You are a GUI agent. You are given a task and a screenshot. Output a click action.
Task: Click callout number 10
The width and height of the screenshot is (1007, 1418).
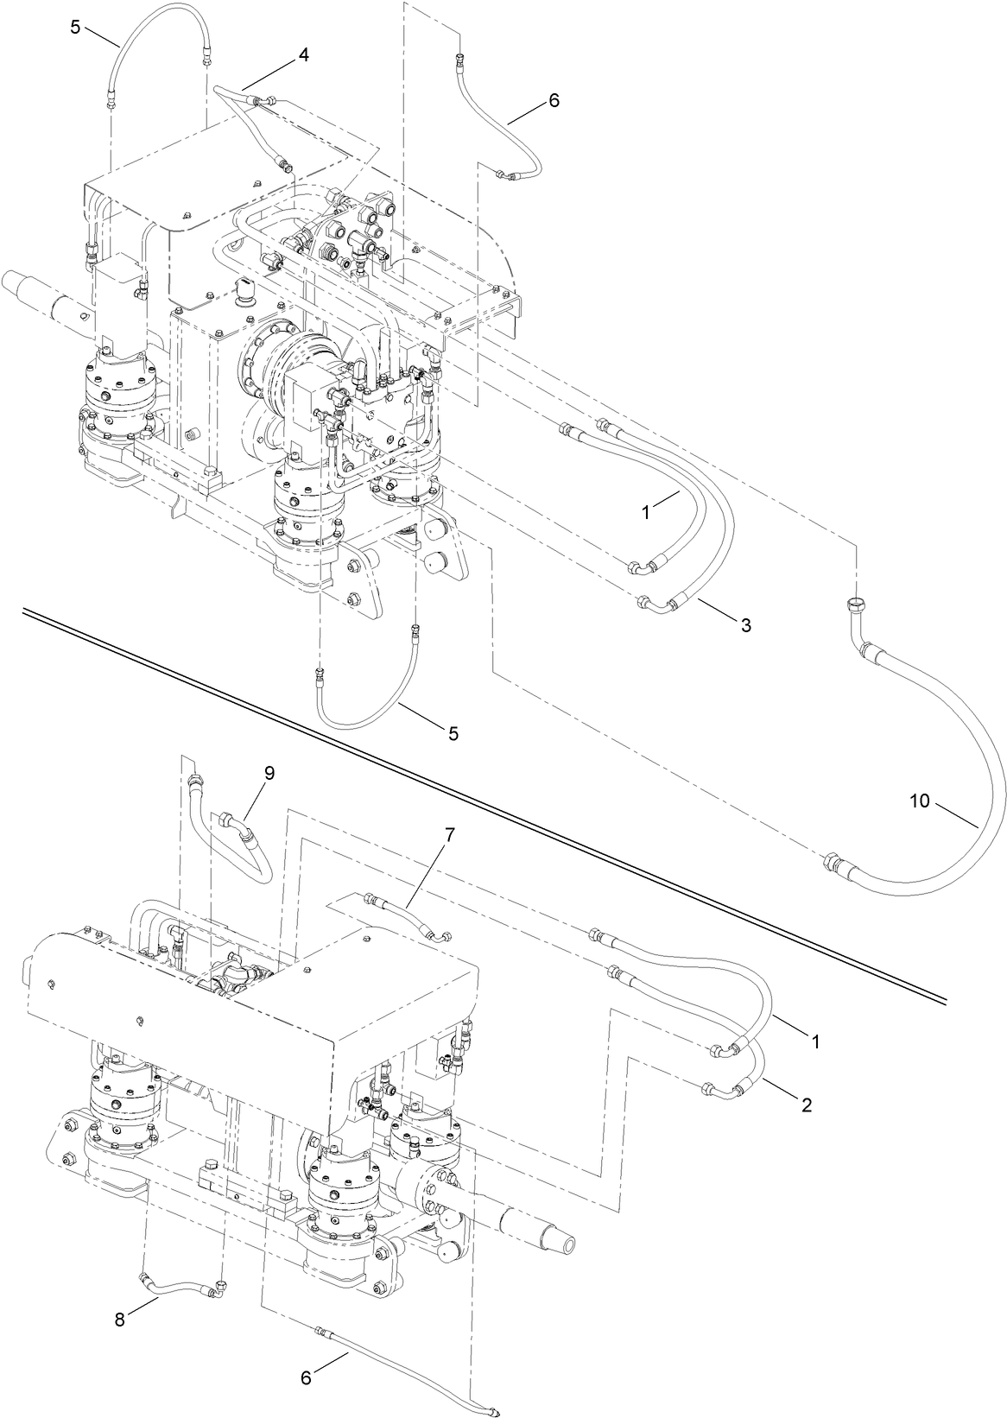[x=919, y=801]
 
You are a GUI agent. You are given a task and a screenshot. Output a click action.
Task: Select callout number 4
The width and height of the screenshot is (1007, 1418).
[x=303, y=54]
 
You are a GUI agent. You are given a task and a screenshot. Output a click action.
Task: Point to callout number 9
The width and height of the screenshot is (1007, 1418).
[x=269, y=773]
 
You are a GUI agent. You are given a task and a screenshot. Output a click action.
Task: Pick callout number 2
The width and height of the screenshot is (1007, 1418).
[x=806, y=1105]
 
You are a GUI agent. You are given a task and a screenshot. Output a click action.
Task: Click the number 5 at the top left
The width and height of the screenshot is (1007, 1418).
[x=75, y=27]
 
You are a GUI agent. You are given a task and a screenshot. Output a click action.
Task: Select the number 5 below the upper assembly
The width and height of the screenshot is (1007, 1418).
[x=453, y=733]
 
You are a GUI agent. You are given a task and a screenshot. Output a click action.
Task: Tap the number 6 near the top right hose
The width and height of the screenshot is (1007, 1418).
[x=554, y=100]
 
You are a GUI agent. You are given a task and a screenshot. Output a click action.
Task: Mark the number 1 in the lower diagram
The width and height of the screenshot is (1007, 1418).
[x=814, y=1041]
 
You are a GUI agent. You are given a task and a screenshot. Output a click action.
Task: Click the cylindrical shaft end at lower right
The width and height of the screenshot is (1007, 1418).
[x=554, y=1244]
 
